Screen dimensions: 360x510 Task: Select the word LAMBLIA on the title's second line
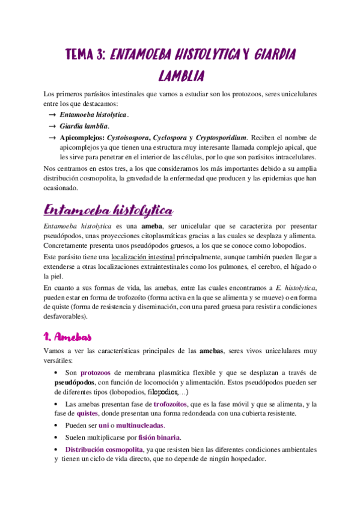point(181,76)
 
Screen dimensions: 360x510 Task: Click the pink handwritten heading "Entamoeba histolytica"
point(109,211)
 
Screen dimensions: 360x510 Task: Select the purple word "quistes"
point(88,414)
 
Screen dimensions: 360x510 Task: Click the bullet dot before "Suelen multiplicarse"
point(56,437)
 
